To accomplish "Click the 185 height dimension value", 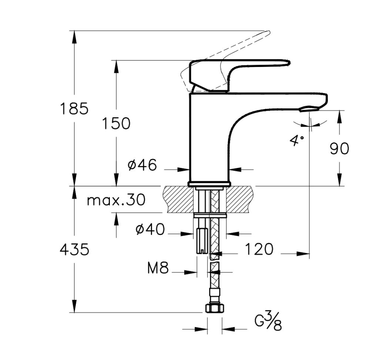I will tap(74, 108).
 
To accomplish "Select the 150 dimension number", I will tap(117, 123).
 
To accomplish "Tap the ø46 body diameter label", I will tap(142, 165).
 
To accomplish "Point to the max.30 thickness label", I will tap(116, 200).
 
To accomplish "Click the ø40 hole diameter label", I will tap(150, 230).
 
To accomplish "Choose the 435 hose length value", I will tap(74, 250).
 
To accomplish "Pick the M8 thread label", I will tap(158, 268).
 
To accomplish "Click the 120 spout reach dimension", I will tap(259, 249).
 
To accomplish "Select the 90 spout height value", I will tap(339, 149).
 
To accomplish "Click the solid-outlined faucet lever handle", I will tap(237, 70).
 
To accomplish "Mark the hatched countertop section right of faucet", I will tap(240, 199).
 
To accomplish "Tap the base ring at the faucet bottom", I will tap(209, 184).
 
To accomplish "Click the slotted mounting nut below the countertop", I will tap(202, 240).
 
